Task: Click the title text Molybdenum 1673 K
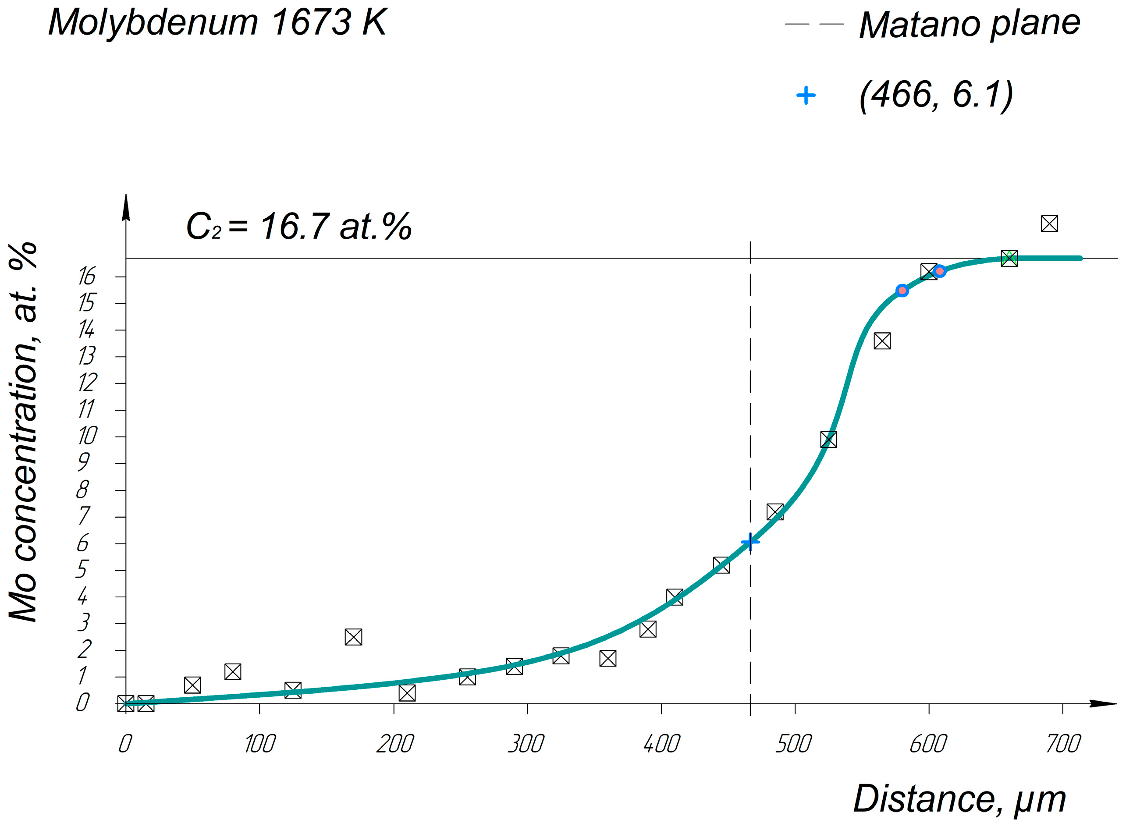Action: point(217,23)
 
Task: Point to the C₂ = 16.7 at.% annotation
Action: point(298,226)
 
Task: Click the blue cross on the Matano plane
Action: point(750,542)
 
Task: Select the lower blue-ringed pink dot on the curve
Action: point(902,290)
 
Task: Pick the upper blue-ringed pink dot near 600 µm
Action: point(940,271)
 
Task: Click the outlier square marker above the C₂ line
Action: point(1049,224)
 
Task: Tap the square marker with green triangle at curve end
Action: point(1009,259)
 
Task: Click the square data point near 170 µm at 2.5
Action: point(353,637)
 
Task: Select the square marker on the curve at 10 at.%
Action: point(828,439)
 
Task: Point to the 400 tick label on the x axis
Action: point(661,744)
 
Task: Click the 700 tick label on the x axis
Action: point(1063,744)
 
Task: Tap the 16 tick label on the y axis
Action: point(87,277)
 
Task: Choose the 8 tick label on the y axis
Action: point(82,490)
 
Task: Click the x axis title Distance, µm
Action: point(959,799)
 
